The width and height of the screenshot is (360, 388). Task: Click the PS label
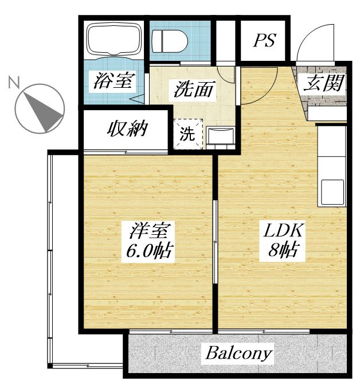click(x=264, y=40)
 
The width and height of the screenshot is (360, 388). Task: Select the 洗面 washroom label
click(x=193, y=89)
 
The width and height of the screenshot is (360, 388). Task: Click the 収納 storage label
click(x=127, y=129)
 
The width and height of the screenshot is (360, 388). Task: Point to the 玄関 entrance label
click(x=324, y=83)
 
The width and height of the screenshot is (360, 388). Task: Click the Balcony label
click(x=239, y=354)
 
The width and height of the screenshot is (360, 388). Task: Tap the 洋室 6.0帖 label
click(x=149, y=240)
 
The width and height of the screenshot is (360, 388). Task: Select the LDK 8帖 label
click(x=283, y=239)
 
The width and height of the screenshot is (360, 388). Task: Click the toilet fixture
click(x=170, y=41)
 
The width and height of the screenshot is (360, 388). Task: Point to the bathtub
click(x=114, y=40)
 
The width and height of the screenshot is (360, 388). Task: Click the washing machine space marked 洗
click(x=188, y=134)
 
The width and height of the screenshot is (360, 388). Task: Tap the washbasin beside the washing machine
click(x=220, y=135)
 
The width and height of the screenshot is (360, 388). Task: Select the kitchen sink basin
click(x=332, y=192)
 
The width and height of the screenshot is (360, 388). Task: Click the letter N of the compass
click(x=14, y=82)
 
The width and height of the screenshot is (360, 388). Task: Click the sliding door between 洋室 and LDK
click(x=215, y=242)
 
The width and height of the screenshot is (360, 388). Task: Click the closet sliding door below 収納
click(x=126, y=152)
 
